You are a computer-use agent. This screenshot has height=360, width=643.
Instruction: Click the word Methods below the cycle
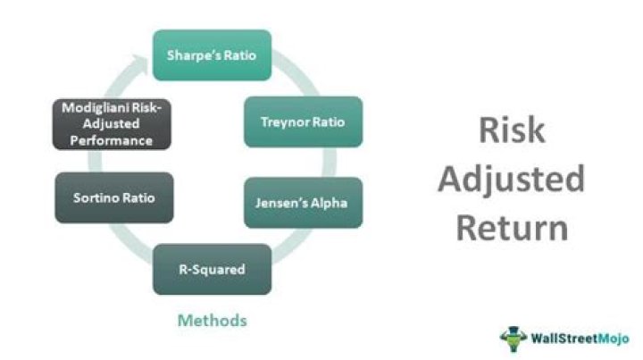click(x=212, y=319)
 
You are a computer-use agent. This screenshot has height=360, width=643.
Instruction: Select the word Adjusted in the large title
click(x=512, y=180)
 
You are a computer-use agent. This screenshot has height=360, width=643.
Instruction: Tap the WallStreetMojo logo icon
click(x=514, y=339)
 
